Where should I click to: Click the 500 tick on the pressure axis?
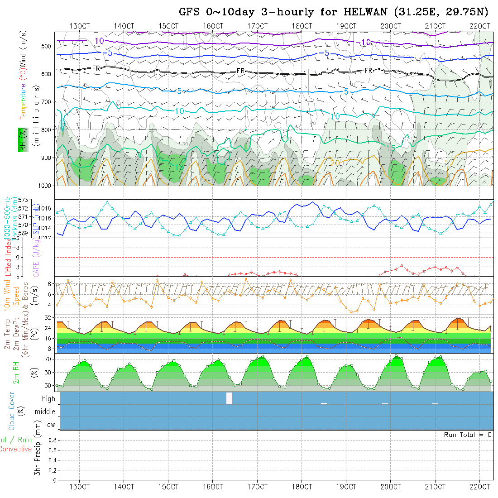click(x=46, y=46)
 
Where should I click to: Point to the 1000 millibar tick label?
click(x=44, y=186)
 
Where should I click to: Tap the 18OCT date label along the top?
click(x=302, y=26)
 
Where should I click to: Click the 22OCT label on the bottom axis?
click(x=479, y=487)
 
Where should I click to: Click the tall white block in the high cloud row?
click(x=229, y=398)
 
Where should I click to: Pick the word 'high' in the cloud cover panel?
click(x=48, y=399)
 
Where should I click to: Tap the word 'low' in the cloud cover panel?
click(x=50, y=425)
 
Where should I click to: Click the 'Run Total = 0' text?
click(x=468, y=435)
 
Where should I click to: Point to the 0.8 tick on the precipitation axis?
click(x=52, y=440)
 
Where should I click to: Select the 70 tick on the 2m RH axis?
click(x=47, y=359)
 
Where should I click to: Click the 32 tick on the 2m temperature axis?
click(x=47, y=318)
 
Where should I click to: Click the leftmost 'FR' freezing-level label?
click(x=96, y=68)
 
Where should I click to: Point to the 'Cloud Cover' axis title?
click(x=12, y=411)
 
